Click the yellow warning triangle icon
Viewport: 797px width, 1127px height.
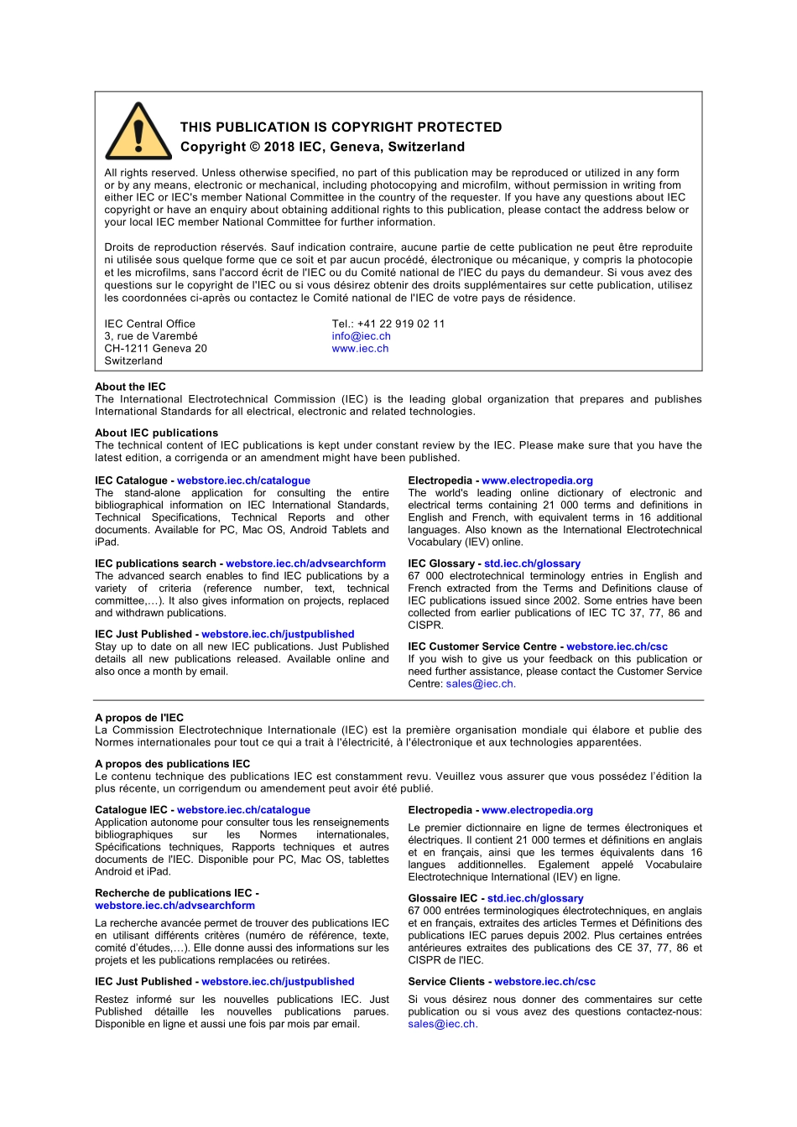(x=138, y=133)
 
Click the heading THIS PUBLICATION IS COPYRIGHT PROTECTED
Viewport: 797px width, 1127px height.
(x=341, y=127)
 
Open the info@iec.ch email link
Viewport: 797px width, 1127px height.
(x=361, y=336)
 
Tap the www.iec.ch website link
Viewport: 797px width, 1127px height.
(x=360, y=349)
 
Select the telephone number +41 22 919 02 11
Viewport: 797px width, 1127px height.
(x=400, y=324)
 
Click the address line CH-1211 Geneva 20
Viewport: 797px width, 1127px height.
(x=155, y=349)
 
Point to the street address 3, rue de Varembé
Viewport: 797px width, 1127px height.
(x=151, y=336)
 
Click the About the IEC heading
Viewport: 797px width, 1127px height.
(x=130, y=387)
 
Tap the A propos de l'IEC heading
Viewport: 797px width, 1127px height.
(x=139, y=718)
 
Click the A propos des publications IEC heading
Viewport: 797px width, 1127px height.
(x=172, y=764)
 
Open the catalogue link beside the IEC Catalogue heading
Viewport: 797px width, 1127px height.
(x=243, y=480)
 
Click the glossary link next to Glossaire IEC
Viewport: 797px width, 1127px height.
(x=535, y=898)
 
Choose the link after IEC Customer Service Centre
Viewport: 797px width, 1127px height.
(x=617, y=647)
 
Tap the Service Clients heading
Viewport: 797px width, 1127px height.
(x=446, y=981)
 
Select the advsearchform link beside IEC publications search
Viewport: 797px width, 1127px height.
(x=305, y=563)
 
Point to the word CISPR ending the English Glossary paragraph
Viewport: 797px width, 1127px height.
(x=425, y=626)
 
